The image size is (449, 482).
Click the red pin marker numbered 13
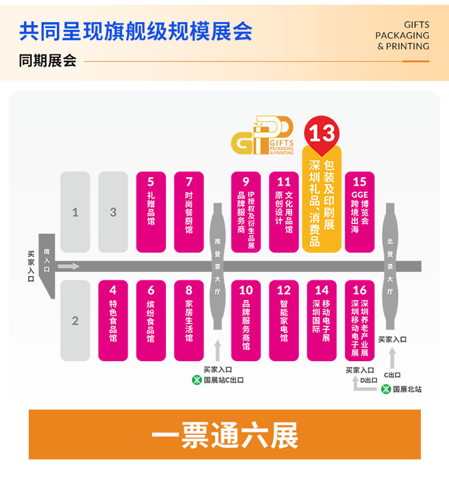point(322,134)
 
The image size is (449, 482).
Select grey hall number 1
point(75,212)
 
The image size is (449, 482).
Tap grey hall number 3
point(113,212)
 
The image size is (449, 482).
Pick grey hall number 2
point(75,320)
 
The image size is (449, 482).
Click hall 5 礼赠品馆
point(151,212)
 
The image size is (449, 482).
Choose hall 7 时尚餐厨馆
point(189,212)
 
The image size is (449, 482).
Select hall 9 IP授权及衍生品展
point(246,212)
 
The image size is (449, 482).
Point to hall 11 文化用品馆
point(284,212)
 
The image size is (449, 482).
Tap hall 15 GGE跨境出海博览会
point(360,212)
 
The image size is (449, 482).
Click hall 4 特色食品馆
point(113,320)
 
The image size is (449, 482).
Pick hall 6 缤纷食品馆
point(151,320)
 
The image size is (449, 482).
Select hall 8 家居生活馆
point(189,320)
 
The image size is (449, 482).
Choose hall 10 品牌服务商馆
point(246,320)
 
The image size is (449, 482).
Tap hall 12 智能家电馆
point(284,320)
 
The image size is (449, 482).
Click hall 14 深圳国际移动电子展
point(322,320)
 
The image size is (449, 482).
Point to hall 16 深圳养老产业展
point(360,320)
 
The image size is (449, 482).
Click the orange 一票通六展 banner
point(224,435)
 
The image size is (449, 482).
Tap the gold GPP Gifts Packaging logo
point(262,136)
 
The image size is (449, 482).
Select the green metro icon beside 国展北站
point(386,389)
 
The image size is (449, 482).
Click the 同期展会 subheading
point(47,60)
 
